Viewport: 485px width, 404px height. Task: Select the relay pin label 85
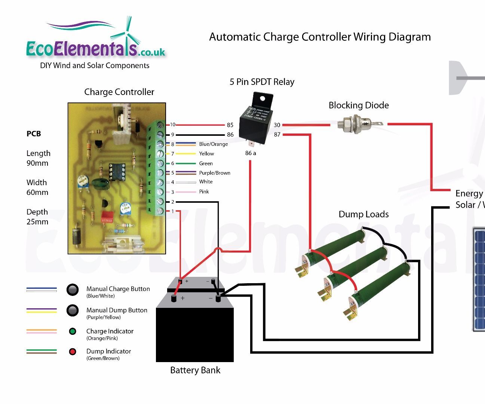[230, 125]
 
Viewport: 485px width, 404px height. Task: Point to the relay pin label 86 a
[251, 153]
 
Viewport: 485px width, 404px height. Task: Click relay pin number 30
[277, 125]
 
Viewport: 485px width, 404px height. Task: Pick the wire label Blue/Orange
[213, 144]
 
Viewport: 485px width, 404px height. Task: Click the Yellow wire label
[206, 153]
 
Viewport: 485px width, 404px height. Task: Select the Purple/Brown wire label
[214, 173]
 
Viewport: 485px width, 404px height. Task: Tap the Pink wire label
[204, 192]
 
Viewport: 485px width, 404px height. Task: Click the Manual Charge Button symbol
[73, 290]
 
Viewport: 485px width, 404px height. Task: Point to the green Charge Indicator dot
[73, 331]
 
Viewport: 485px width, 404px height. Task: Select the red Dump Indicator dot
[73, 352]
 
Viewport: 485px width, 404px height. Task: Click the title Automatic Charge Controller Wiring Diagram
[320, 37]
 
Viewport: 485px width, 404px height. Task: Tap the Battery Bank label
[195, 370]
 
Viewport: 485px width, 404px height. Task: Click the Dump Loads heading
[363, 214]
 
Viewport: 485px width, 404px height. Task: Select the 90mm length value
[37, 163]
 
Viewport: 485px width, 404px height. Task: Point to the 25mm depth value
[37, 222]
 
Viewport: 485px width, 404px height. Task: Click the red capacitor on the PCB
[107, 217]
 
